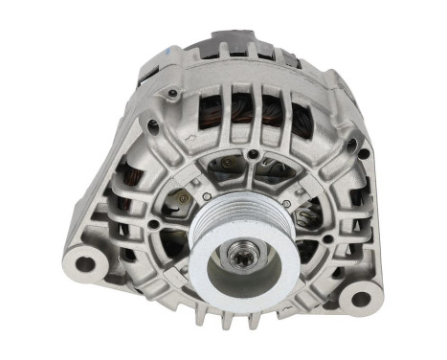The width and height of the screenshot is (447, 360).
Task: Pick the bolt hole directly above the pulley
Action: click(x=252, y=153)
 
